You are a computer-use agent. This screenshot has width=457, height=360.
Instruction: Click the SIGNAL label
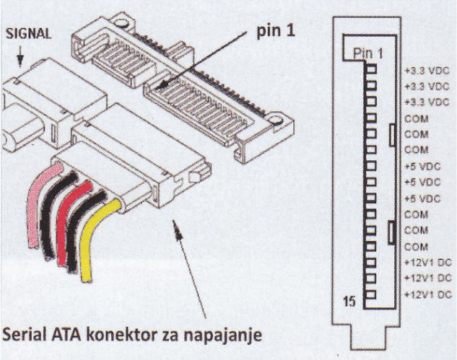(28, 33)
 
